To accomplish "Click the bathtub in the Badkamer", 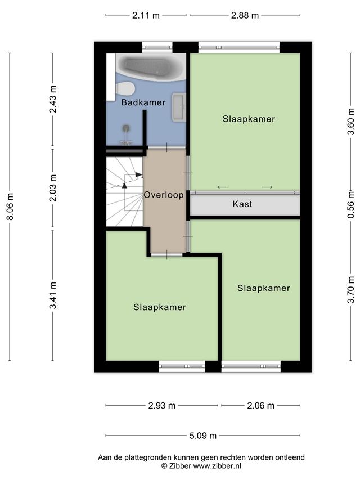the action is click(151, 67).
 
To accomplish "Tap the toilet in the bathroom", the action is click(125, 88).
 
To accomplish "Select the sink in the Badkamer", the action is click(179, 107).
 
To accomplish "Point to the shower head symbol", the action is click(126, 134).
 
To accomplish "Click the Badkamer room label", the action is click(143, 102).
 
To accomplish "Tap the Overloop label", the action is click(164, 195).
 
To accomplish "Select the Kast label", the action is click(242, 204).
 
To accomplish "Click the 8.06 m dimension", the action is click(10, 207).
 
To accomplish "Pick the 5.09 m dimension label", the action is click(203, 436).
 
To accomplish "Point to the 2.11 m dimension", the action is click(146, 15).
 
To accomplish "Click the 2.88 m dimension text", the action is click(245, 15).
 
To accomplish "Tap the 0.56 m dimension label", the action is click(351, 204).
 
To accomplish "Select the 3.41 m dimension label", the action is click(53, 295).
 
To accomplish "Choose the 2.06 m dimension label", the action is click(260, 406).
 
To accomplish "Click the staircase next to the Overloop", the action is click(124, 192).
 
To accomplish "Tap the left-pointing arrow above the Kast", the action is click(223, 187).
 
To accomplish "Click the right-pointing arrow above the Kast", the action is click(267, 187).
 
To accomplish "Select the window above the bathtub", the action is click(157, 47).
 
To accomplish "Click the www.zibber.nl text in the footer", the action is click(217, 466).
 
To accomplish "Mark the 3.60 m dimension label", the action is click(351, 122).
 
